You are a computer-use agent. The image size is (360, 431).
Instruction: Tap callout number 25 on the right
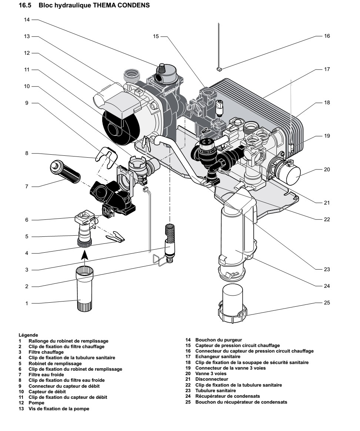326,302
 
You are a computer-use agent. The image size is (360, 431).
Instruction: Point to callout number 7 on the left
27,186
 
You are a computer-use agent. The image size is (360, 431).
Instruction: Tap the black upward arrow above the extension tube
85,255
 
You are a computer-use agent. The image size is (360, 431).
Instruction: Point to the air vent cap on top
162,68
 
